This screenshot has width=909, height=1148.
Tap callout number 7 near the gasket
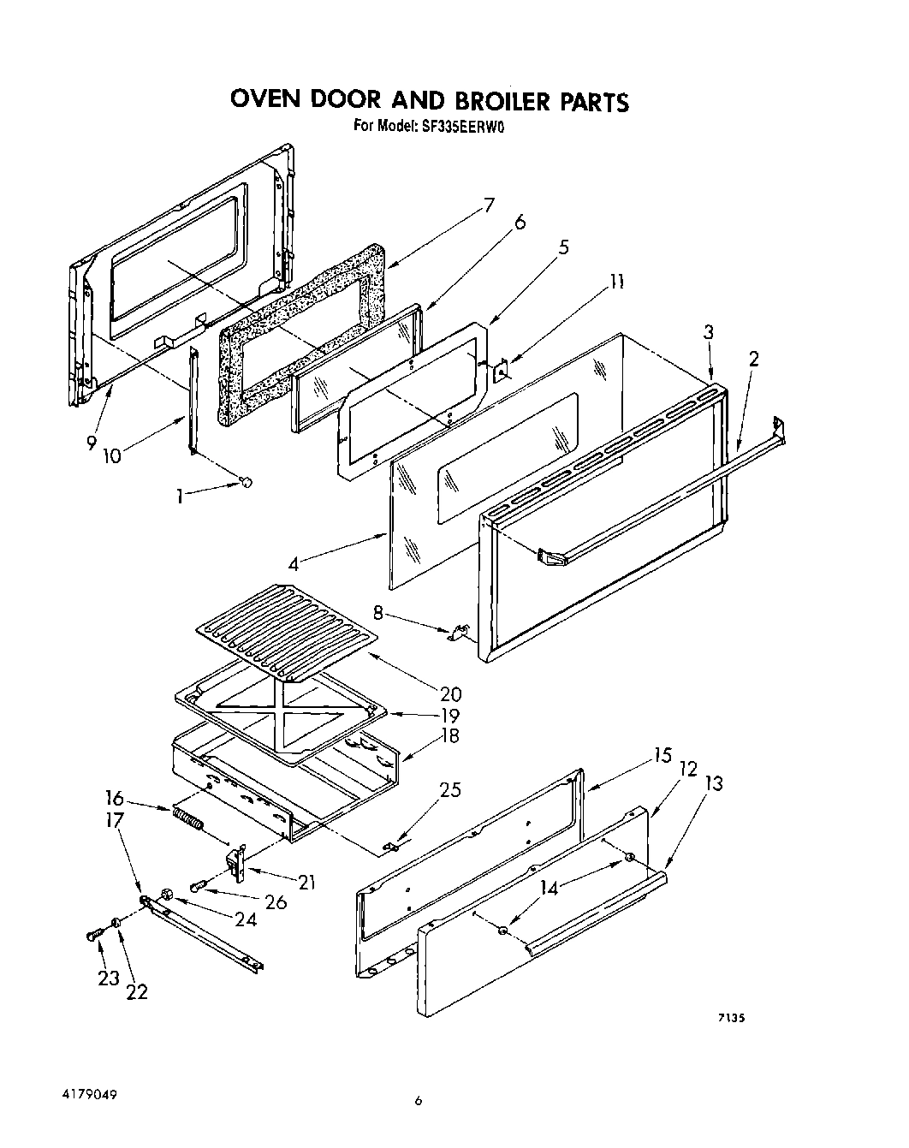[x=489, y=205]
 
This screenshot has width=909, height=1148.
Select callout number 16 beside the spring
[x=115, y=799]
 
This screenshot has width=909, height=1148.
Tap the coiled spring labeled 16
[x=188, y=819]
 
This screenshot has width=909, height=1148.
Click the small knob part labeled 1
[x=247, y=483]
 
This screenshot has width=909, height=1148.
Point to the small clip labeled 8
[x=459, y=633]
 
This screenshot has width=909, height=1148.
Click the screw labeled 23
[x=92, y=936]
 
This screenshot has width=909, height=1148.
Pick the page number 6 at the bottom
[x=419, y=1101]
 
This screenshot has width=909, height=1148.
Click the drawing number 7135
[x=732, y=1017]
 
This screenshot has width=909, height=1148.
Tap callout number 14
[x=549, y=888]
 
